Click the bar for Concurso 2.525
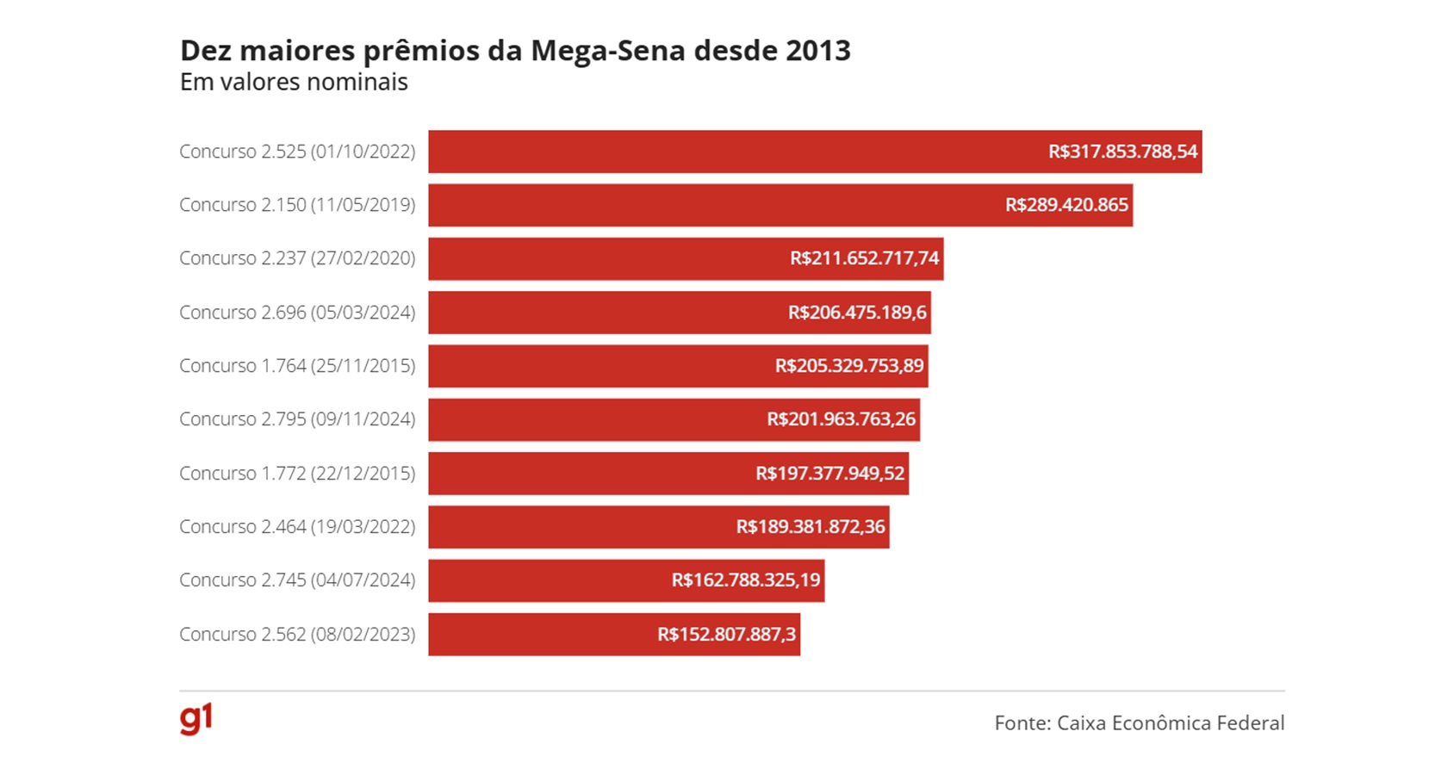coord(732,152)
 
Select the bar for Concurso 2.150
coord(706,205)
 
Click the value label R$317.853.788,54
coord(1122,152)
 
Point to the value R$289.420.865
coord(1066,205)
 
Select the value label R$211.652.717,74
coord(864,258)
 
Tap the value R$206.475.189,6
coord(857,313)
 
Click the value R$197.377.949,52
coord(829,474)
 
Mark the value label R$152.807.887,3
coord(726,635)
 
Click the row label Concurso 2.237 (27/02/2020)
coord(297,258)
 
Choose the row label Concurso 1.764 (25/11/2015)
coord(297,366)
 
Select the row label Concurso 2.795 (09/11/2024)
coord(297,419)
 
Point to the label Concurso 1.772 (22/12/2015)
coord(297,474)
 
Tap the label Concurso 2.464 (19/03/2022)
coord(297,527)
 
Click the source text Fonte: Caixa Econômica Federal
coord(1139,723)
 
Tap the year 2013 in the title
coord(817,51)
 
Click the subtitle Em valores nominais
coord(294,83)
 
